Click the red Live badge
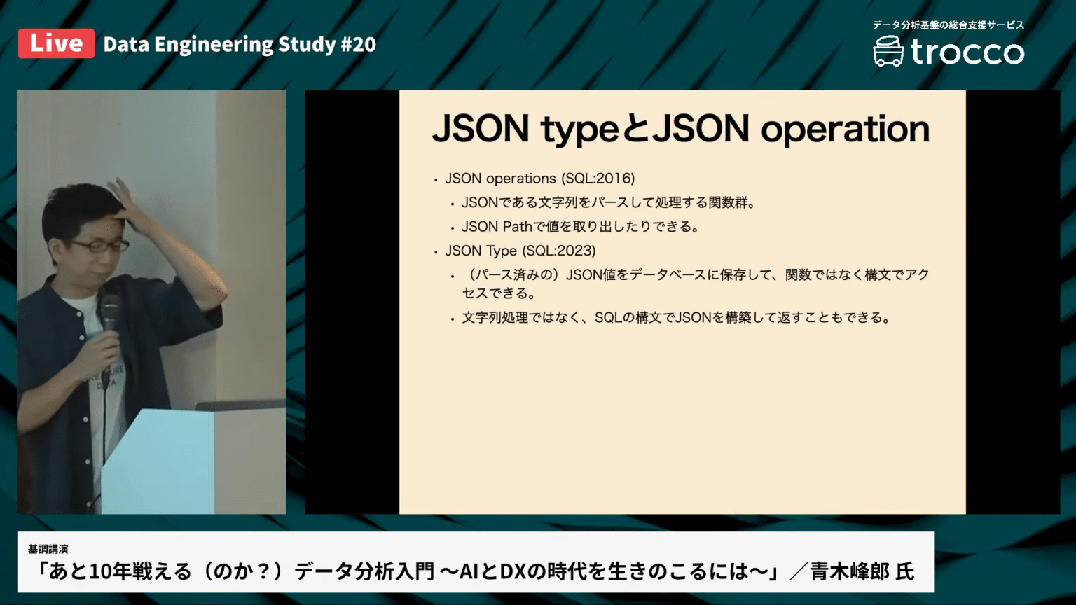(56, 43)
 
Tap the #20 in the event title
(358, 45)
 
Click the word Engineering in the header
(214, 45)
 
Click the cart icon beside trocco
(888, 52)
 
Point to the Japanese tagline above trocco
(948, 25)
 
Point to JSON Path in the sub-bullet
(497, 227)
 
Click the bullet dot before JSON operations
(436, 180)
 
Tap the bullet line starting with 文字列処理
(675, 318)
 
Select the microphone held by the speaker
(109, 312)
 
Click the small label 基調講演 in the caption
(48, 550)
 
